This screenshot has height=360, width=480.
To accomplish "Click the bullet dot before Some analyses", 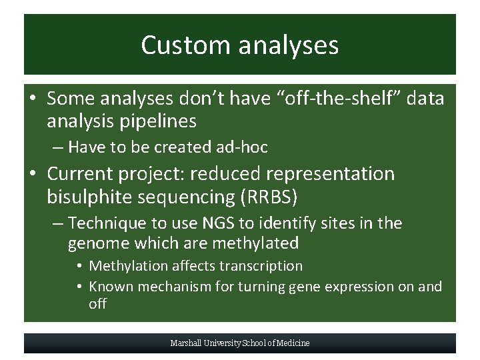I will pyautogui.click(x=33, y=99).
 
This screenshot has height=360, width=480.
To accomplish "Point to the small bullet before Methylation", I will pyautogui.click(x=79, y=267).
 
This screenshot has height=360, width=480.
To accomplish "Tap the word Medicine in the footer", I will pyautogui.click(x=293, y=343).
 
